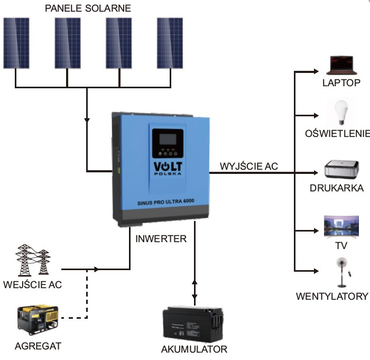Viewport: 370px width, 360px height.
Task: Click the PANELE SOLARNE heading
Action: pos(88,8)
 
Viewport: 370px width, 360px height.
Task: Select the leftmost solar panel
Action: pos(16,43)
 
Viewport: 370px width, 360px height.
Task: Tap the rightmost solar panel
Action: pos(170,43)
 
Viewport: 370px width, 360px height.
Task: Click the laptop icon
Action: pos(341,66)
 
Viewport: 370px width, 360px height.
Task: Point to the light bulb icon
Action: pos(341,113)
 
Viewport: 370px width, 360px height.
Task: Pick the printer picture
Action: pos(341,169)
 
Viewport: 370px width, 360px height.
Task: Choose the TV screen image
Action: pos(341,226)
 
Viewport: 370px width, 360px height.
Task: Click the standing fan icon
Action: pos(343,272)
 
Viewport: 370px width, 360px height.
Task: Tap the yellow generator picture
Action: pos(38,320)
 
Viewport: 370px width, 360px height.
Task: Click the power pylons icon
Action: pos(33,260)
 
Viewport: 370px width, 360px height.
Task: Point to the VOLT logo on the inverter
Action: pos(168,168)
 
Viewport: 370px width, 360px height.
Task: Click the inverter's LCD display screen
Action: pos(168,139)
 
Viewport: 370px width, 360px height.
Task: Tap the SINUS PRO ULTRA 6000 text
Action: pos(165,202)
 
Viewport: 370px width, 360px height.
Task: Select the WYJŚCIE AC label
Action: pos(249,166)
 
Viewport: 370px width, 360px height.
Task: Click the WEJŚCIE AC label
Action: pos(33,284)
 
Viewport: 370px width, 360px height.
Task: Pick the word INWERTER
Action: pos(161,238)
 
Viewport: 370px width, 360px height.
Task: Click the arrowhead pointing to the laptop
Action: pos(316,71)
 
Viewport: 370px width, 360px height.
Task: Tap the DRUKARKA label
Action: pos(337,188)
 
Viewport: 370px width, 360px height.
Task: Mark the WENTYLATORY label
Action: pos(332,296)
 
